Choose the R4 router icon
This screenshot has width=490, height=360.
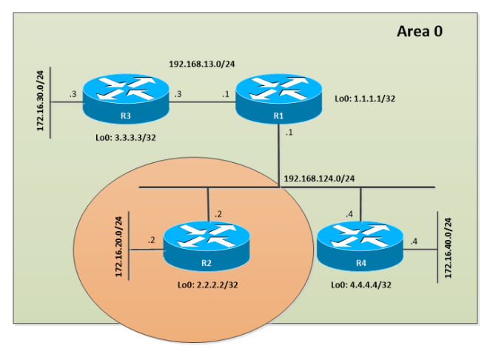pos(360,247)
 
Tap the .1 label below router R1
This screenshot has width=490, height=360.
pos(289,133)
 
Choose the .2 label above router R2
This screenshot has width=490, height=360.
pos(218,213)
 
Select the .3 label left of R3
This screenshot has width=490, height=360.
pos(72,94)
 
